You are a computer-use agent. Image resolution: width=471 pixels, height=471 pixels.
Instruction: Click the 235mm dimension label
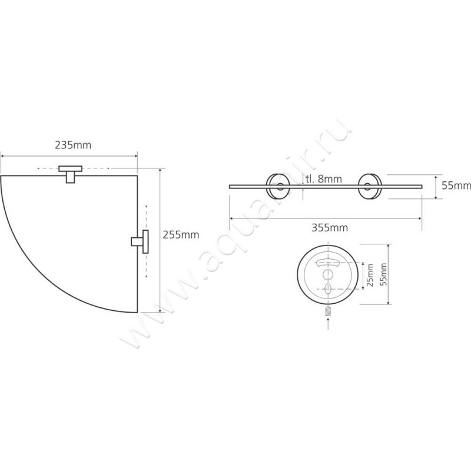point(73,145)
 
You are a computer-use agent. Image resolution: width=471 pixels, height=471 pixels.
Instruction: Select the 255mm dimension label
point(181,234)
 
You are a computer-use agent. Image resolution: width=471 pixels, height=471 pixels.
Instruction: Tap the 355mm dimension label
point(330,228)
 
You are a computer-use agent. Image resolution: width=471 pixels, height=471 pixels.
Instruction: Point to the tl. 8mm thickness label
point(324,179)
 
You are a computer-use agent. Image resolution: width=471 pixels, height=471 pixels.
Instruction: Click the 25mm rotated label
point(370,275)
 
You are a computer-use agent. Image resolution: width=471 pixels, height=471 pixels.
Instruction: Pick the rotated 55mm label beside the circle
point(383,274)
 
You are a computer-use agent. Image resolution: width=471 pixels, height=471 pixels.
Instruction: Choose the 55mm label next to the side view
point(456,185)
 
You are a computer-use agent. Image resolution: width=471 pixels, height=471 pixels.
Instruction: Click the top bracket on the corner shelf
point(70,174)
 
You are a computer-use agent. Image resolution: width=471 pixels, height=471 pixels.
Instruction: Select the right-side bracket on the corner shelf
point(140,241)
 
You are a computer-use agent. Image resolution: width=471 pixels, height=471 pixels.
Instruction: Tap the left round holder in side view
point(278,186)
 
